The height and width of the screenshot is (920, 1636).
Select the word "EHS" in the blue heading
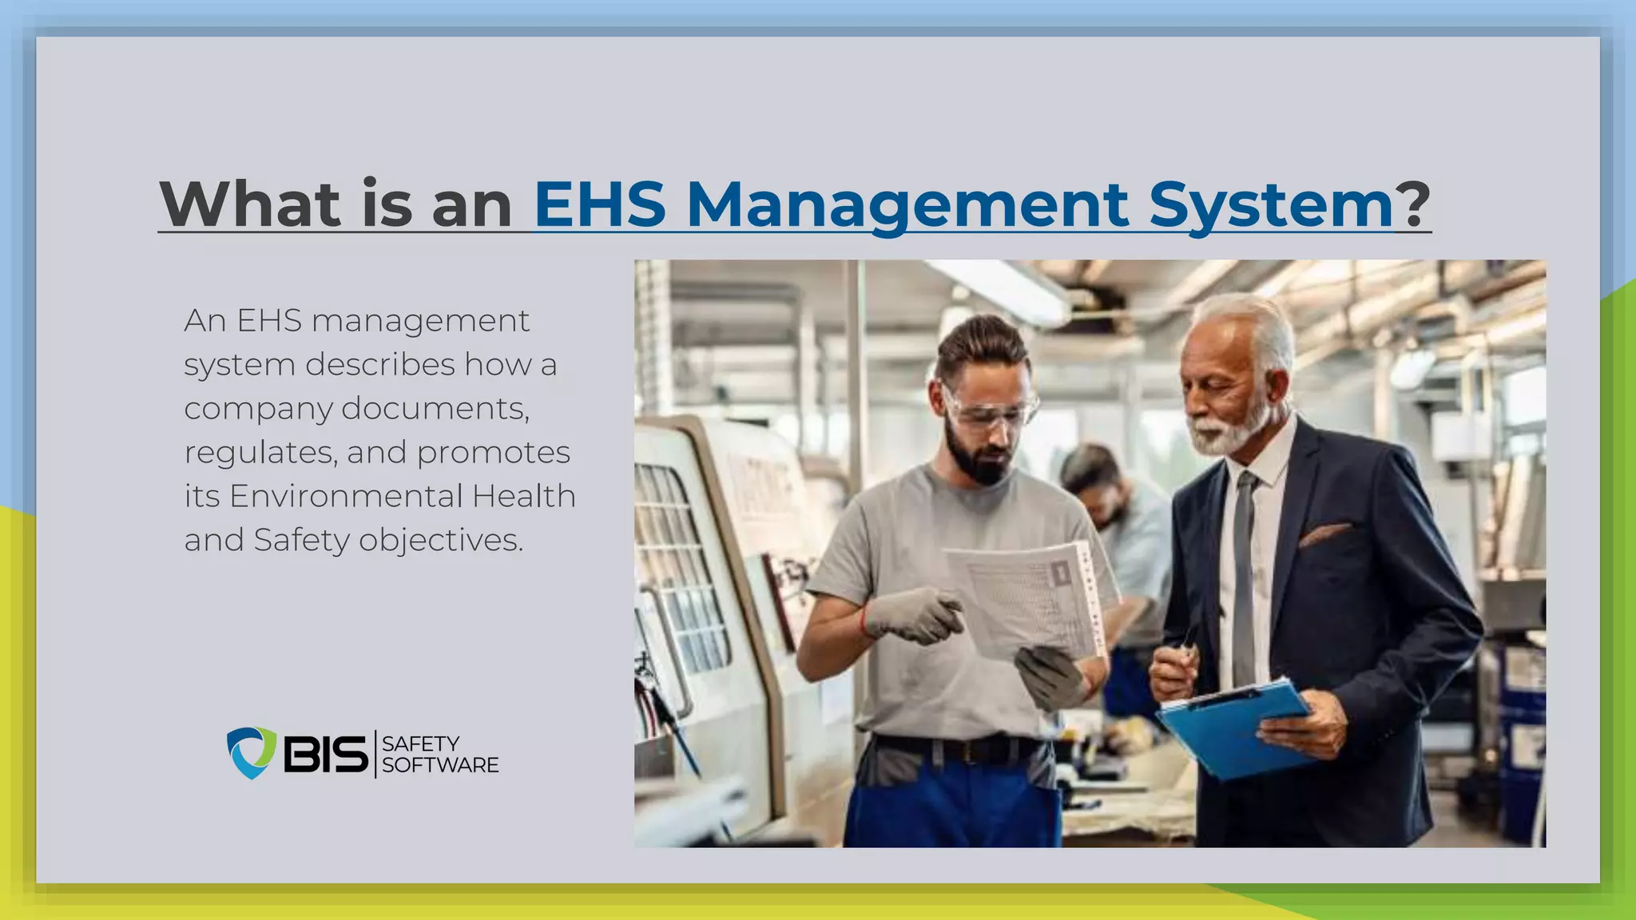tap(599, 204)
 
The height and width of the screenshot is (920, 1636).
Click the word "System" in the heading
tap(1271, 206)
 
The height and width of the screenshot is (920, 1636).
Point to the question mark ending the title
tap(1413, 204)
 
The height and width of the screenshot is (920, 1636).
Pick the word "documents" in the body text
tap(435, 409)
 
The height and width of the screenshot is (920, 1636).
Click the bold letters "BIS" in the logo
tap(325, 753)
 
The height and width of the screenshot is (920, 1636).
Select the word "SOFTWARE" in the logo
tap(440, 765)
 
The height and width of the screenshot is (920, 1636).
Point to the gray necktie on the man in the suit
tap(1243, 575)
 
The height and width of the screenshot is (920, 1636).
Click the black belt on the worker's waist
tap(959, 748)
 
